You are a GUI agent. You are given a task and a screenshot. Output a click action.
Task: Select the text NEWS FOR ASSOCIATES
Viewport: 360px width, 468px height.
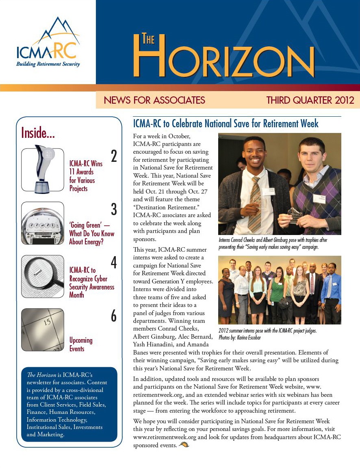(154, 100)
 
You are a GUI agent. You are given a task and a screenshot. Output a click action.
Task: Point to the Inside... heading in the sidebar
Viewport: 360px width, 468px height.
(38, 133)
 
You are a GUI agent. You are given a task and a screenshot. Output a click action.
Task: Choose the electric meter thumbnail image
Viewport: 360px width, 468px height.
(43, 223)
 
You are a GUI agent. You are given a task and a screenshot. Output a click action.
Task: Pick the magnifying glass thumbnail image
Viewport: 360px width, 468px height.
(43, 276)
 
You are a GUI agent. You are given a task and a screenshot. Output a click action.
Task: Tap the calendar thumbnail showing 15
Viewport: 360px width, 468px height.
(43, 330)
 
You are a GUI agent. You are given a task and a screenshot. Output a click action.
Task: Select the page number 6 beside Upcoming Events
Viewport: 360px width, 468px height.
(114, 316)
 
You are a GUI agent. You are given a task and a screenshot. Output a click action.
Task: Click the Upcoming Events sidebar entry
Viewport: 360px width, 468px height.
(81, 344)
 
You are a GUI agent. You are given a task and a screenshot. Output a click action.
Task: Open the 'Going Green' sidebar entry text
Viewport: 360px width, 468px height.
(91, 233)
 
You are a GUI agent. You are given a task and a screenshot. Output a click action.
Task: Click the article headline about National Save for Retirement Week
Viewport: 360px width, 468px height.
(226, 123)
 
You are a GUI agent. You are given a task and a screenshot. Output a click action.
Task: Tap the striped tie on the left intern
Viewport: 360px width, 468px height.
(255, 203)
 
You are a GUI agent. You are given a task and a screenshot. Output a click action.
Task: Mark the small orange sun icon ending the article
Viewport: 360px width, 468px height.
(184, 444)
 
